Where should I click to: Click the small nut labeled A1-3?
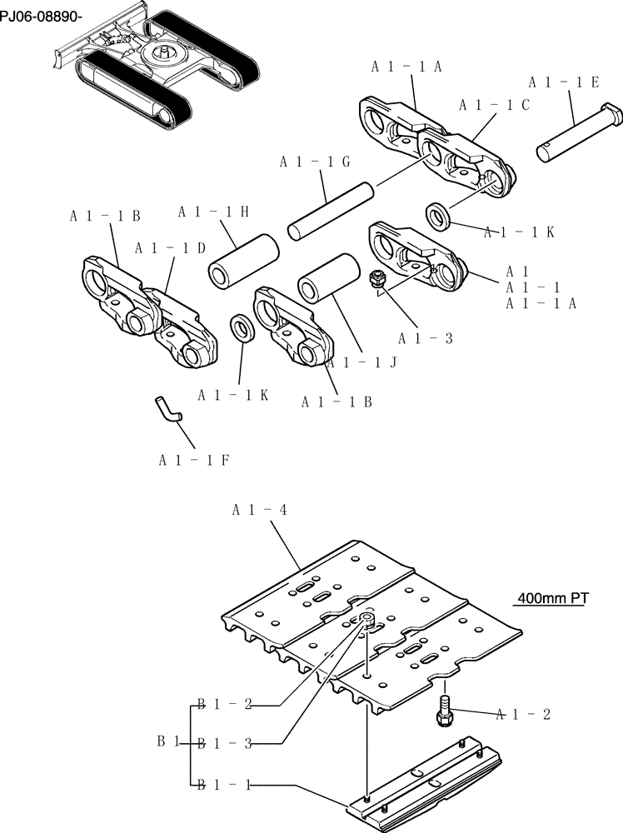[376, 279]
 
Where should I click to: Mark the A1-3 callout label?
[425, 338]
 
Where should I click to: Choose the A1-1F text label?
[192, 459]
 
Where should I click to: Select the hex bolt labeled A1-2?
[442, 709]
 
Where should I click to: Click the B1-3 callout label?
[224, 744]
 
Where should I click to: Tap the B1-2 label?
[224, 705]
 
